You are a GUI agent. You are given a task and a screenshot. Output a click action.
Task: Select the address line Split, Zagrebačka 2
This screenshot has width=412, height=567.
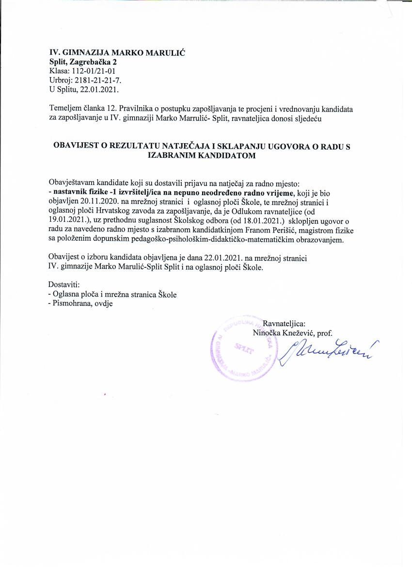tap(83, 62)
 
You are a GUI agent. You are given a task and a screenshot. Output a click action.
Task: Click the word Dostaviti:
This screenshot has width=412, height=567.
tap(64, 284)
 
